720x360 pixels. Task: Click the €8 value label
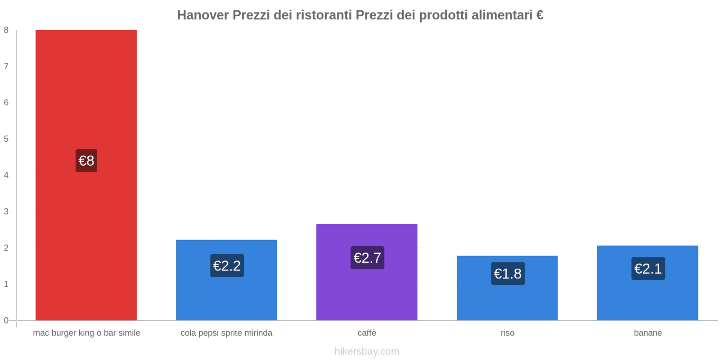[x=86, y=161]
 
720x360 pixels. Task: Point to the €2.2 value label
[x=227, y=266]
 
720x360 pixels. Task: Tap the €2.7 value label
[x=367, y=258]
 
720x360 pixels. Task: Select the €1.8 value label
[x=508, y=274]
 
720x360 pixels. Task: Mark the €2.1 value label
[x=648, y=269]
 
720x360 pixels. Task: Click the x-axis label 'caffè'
[x=367, y=333]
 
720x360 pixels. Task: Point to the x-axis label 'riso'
[x=507, y=333]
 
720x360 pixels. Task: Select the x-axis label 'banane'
[x=648, y=333]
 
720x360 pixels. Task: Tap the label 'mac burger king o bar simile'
[x=86, y=333]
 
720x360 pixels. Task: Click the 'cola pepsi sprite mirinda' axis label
[x=226, y=333]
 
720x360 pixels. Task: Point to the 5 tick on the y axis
[x=6, y=139]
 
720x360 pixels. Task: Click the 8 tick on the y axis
[x=6, y=30]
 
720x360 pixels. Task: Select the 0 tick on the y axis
[x=6, y=320]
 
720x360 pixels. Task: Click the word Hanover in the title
[x=202, y=15]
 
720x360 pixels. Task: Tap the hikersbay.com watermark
[x=367, y=351]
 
